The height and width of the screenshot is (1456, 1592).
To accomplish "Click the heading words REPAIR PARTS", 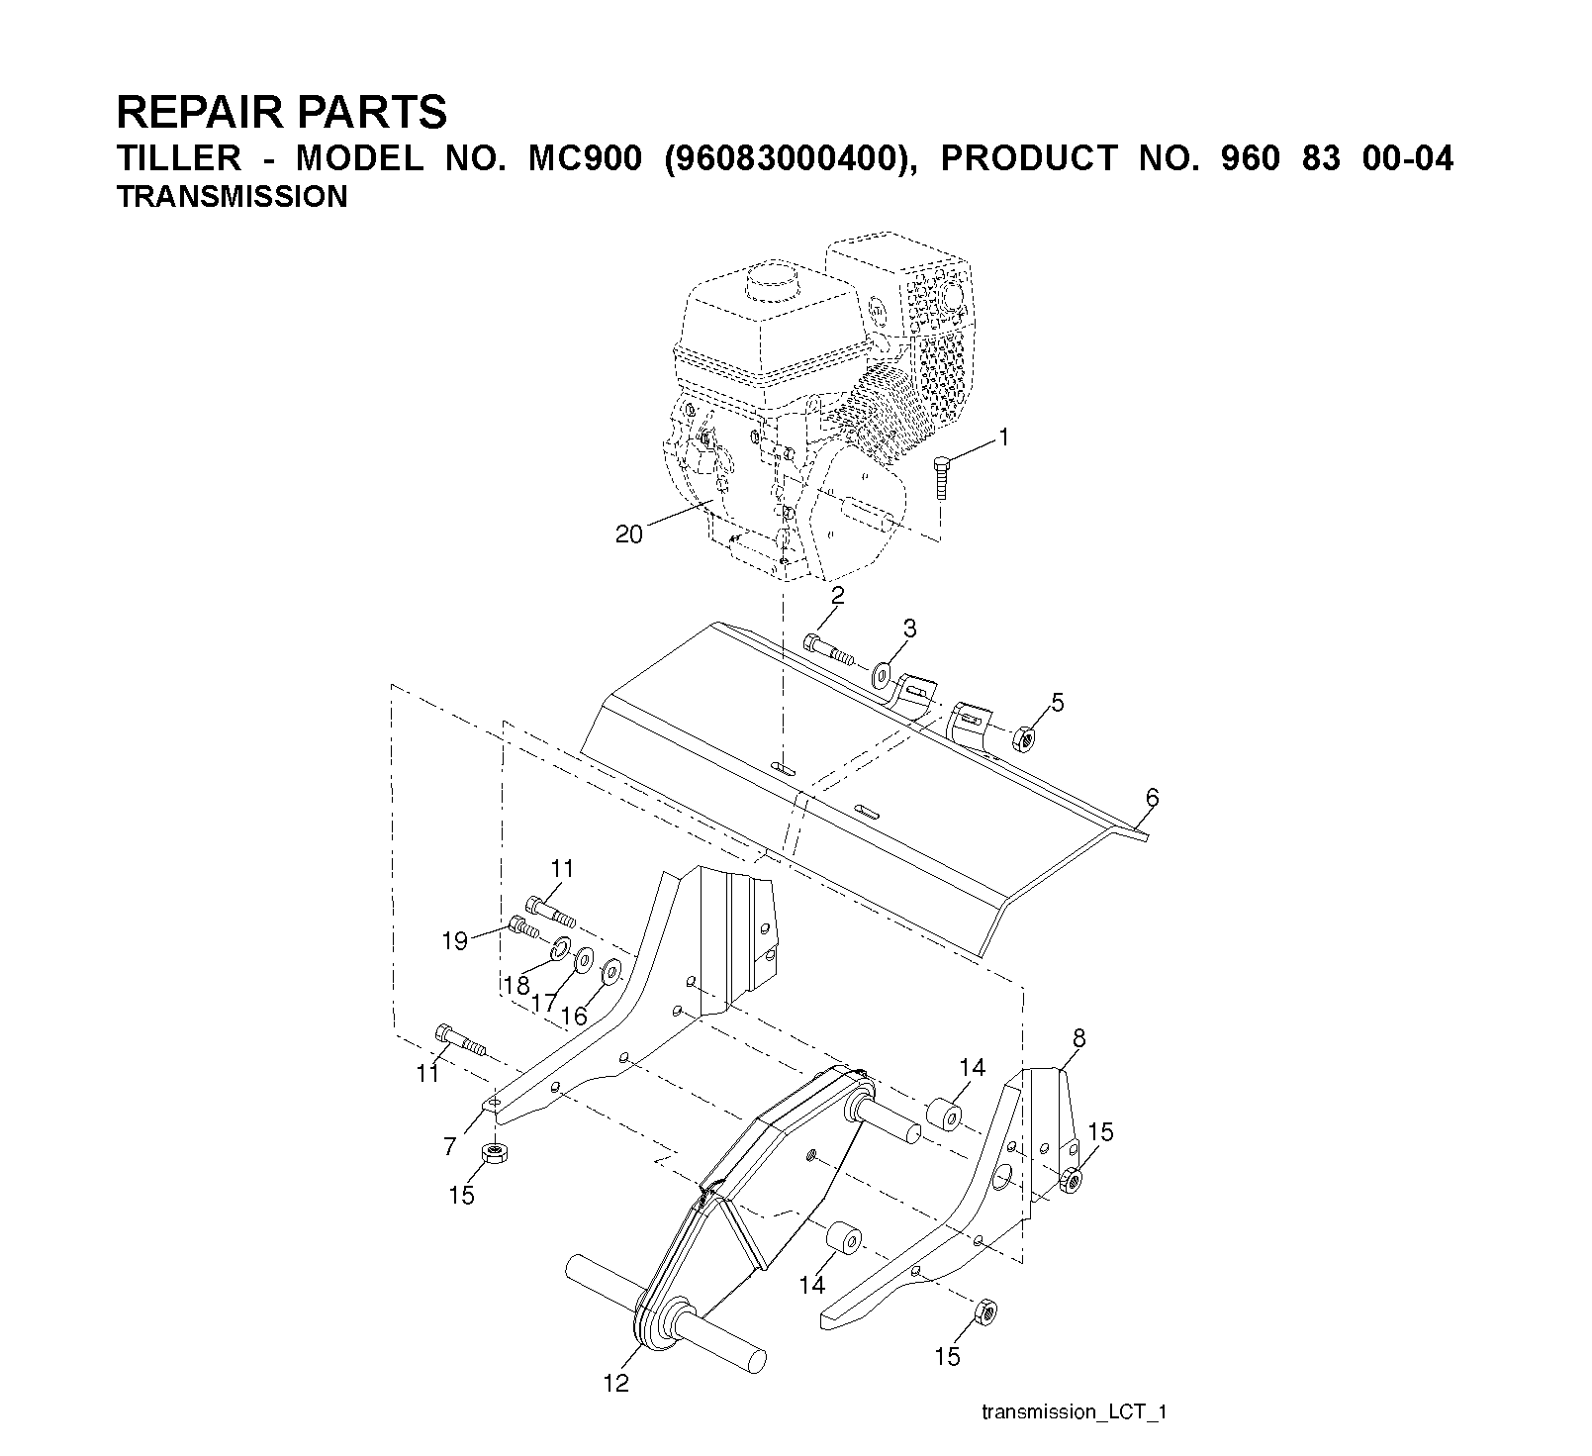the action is click(281, 113).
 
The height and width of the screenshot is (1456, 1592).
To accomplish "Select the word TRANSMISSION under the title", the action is click(232, 197).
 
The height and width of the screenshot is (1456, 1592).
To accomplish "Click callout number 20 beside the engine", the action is click(629, 534).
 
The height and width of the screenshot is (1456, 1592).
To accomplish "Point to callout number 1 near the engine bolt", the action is click(1003, 437).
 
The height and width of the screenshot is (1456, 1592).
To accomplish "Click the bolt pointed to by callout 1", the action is click(941, 480).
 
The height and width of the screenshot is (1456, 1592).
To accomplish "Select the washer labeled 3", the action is click(881, 677).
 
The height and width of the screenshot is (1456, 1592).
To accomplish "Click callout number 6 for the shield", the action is click(1152, 797).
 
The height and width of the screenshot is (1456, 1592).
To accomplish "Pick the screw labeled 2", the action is click(829, 649).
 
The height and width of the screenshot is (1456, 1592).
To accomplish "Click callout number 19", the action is click(454, 940).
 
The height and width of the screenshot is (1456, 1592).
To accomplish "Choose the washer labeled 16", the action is click(609, 972).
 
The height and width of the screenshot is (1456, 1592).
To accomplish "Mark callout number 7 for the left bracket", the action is click(449, 1146).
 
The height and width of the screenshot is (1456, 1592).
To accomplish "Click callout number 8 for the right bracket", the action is click(1078, 1038).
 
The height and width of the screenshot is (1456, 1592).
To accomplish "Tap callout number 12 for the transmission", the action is click(615, 1384).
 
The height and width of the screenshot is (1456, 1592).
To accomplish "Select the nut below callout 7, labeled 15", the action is click(493, 1153).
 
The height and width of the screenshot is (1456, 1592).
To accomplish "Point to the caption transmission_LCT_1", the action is click(1075, 1411).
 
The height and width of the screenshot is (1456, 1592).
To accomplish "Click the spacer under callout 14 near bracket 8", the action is click(944, 1113).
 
